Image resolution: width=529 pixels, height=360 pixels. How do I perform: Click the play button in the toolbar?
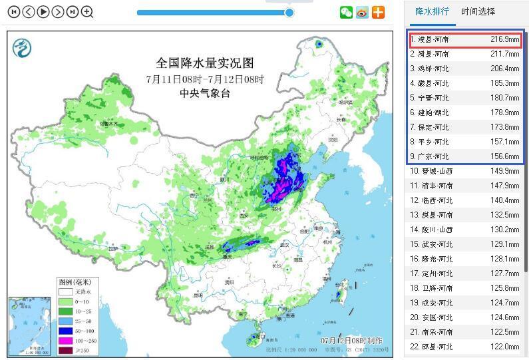pos(43,11)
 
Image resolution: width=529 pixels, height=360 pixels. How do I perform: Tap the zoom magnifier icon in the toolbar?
pos(87,11)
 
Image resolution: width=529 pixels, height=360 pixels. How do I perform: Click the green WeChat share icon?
pos(346,12)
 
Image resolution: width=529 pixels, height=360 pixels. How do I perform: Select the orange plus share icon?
pos(378,12)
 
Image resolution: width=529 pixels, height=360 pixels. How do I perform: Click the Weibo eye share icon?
pos(362,12)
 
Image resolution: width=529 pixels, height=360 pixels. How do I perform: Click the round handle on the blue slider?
pos(289,12)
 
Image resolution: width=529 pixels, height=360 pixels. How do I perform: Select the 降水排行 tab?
pos(432,11)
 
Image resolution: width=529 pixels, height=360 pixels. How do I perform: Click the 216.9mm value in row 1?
pos(504,39)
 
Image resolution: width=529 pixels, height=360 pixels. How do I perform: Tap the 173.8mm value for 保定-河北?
pos(504,127)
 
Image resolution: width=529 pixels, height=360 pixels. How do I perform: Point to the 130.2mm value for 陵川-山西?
pos(504,230)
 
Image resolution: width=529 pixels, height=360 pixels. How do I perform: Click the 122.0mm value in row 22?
pos(504,347)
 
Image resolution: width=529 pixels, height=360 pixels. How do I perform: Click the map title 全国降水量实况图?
pos(205,63)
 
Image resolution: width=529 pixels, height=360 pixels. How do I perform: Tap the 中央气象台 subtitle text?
pos(205,93)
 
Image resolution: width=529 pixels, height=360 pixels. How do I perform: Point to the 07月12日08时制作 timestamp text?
pos(351,341)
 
